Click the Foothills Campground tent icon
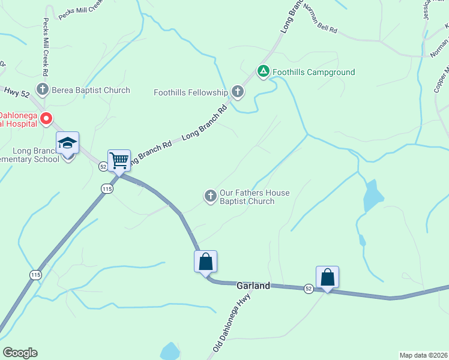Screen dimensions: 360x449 tap(263, 72)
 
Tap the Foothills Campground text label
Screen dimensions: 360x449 tap(313, 73)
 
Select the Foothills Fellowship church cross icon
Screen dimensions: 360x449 tap(238, 92)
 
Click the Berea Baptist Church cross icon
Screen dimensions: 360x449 tap(42, 90)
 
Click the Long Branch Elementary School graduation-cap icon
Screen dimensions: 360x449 tap(67, 144)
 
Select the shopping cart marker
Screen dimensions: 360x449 tap(119, 160)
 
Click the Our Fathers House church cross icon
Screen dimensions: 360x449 tap(210, 196)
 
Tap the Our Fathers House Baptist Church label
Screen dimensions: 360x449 tap(255, 197)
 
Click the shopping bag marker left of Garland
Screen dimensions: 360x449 tap(205, 262)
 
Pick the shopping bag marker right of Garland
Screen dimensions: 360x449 tap(327, 278)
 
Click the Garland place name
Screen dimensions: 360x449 tap(253, 286)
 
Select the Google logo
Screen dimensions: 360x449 tap(20, 353)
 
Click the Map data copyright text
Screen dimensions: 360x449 tap(423, 355)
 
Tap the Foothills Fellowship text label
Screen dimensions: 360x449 tap(191, 92)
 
